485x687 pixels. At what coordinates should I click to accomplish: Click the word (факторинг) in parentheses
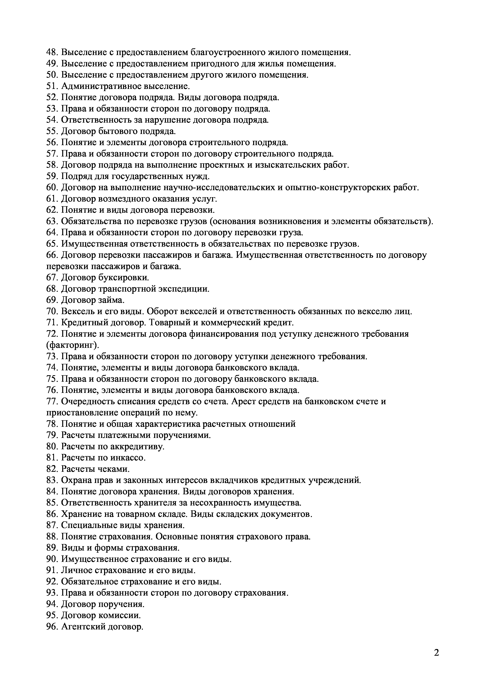coord(72,345)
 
